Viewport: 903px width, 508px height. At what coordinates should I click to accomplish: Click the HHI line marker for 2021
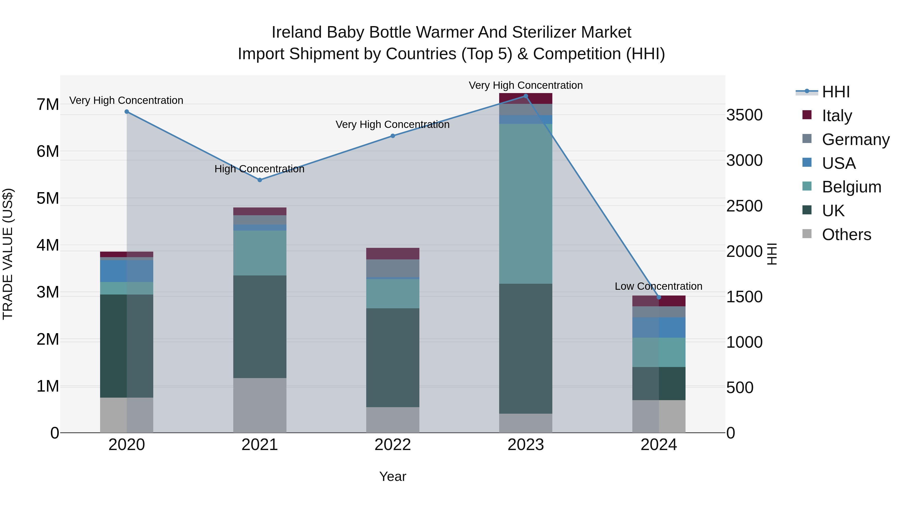tap(260, 180)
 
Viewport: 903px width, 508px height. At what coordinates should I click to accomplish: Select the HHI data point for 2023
tap(525, 96)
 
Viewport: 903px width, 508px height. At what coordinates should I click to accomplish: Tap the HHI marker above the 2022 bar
tap(393, 136)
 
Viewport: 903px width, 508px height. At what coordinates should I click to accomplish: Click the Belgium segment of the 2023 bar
tap(525, 203)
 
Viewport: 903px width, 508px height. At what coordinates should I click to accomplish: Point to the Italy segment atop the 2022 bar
tap(393, 253)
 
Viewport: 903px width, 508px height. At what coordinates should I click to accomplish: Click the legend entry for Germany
tap(855, 139)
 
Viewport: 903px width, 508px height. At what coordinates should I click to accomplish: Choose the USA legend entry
tap(839, 163)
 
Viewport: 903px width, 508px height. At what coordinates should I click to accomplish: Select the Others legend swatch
tap(807, 234)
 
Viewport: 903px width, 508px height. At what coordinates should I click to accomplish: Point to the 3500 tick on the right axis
tap(744, 115)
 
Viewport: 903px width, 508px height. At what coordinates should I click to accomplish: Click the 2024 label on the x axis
tap(658, 445)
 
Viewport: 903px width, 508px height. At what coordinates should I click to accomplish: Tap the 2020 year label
tap(127, 445)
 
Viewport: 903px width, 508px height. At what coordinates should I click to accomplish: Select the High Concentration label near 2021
tap(259, 169)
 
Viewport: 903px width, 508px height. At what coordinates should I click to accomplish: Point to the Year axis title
tap(393, 476)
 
